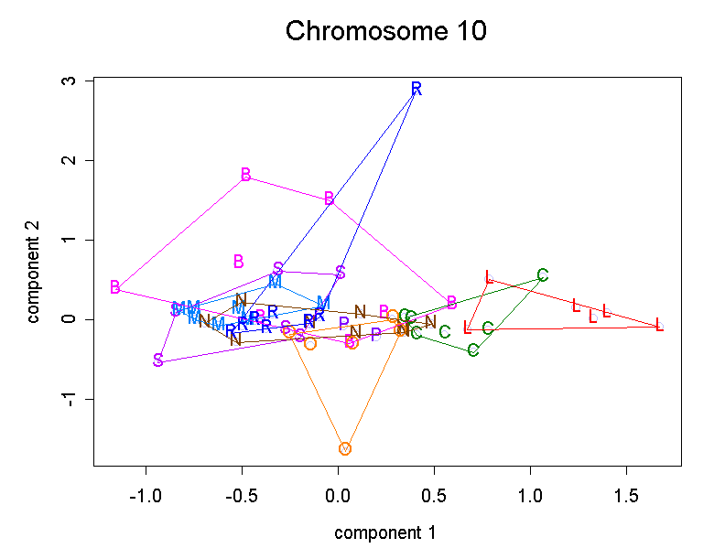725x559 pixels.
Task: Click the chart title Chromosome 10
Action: point(385,31)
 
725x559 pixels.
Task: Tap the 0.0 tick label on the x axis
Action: point(338,495)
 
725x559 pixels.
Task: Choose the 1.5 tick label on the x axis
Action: point(626,495)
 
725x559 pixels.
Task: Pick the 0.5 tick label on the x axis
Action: point(434,495)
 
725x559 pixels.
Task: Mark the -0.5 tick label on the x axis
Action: point(242,495)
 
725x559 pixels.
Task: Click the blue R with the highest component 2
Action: point(417,89)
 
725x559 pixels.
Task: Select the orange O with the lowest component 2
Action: point(345,448)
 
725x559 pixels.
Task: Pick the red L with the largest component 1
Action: point(659,325)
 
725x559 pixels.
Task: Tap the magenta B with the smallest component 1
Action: point(114,287)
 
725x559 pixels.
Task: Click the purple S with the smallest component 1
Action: point(157,360)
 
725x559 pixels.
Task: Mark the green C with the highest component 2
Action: point(542,275)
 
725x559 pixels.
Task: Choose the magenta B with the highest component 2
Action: point(245,175)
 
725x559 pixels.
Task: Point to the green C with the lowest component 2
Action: point(473,350)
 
